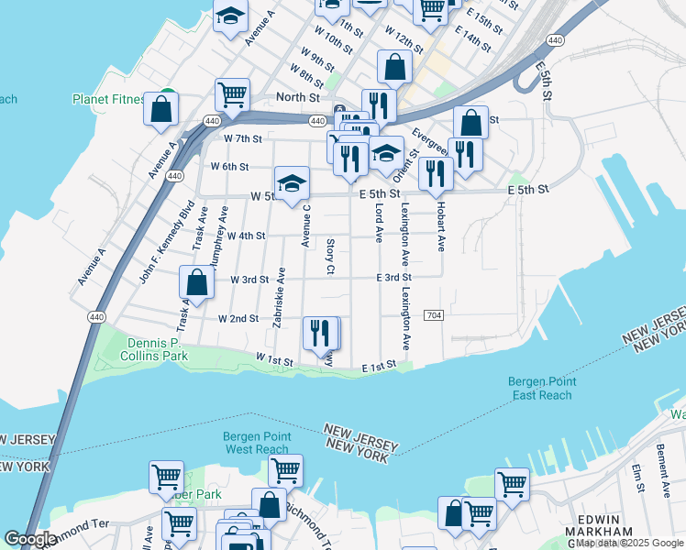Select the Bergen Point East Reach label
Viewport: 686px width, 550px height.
541,389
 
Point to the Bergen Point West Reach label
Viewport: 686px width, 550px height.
257,443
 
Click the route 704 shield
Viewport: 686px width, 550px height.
435,315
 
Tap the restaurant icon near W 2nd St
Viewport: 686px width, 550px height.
320,333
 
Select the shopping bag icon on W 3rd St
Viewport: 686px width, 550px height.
196,281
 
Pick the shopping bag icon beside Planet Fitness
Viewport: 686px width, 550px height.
161,107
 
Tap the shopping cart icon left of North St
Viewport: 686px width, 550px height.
233,93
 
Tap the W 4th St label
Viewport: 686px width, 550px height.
246,236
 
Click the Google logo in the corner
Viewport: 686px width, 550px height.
30,539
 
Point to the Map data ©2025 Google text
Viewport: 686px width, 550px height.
628,543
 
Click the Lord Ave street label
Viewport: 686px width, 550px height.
378,224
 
